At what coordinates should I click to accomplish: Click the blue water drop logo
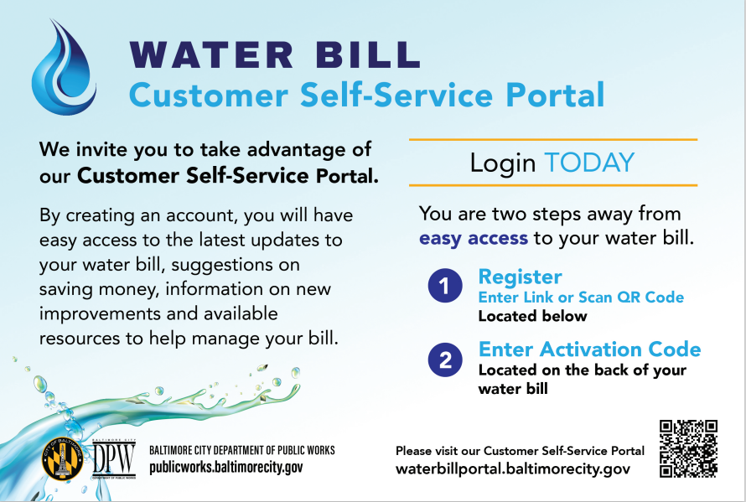[x=64, y=68]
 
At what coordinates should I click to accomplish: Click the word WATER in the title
[x=211, y=55]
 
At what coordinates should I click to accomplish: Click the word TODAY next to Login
[x=589, y=163]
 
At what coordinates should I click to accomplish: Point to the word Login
[x=503, y=163]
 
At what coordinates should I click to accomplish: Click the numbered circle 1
[x=445, y=286]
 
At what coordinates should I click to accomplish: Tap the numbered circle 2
[x=445, y=360]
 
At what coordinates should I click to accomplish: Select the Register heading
[x=520, y=277]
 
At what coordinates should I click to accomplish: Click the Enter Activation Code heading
[x=589, y=349]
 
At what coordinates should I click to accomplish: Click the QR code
[x=688, y=448]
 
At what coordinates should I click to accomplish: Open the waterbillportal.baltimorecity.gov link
[x=513, y=469]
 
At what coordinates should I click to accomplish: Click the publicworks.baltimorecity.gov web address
[x=226, y=468]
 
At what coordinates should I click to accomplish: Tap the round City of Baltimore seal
[x=63, y=458]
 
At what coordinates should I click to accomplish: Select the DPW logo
[x=114, y=458]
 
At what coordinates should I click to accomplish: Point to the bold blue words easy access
[x=474, y=238]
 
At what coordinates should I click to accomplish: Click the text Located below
[x=532, y=317]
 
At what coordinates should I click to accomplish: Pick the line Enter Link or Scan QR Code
[x=581, y=298]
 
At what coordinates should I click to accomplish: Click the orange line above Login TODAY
[x=553, y=139]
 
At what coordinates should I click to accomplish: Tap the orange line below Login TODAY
[x=553, y=185]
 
